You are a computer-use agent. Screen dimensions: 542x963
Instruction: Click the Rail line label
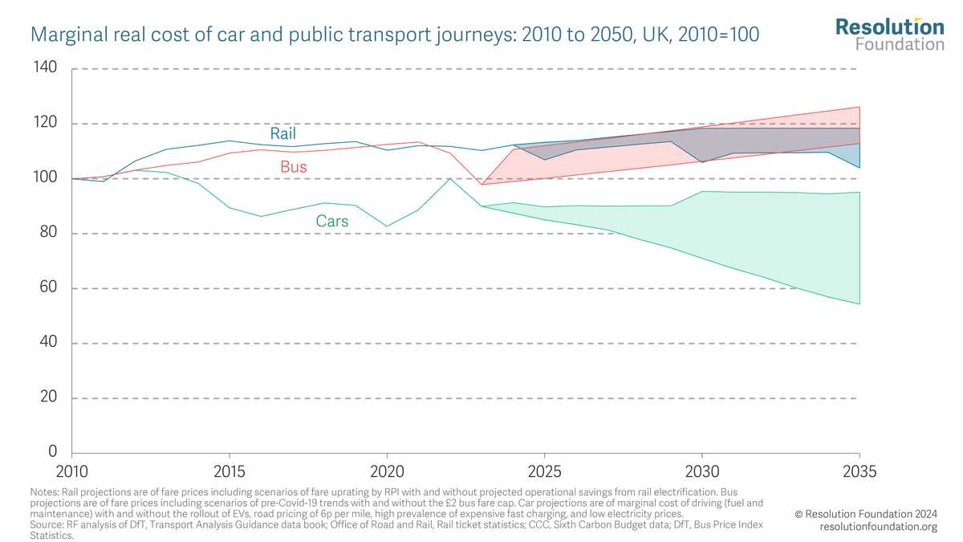click(282, 133)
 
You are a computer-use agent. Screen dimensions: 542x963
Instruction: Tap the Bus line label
click(293, 168)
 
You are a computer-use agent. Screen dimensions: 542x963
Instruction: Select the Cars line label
click(331, 221)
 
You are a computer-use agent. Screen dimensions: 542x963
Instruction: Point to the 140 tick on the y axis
click(46, 68)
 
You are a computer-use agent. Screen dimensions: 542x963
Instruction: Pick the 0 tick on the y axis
click(53, 453)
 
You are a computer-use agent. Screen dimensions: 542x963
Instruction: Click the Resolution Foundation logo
click(889, 34)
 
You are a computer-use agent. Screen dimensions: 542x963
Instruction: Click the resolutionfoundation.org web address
click(878, 527)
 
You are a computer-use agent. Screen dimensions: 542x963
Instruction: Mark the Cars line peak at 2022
click(450, 178)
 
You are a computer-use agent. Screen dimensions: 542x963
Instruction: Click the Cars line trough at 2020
click(388, 226)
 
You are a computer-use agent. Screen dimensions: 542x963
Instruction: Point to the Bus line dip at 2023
click(481, 185)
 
